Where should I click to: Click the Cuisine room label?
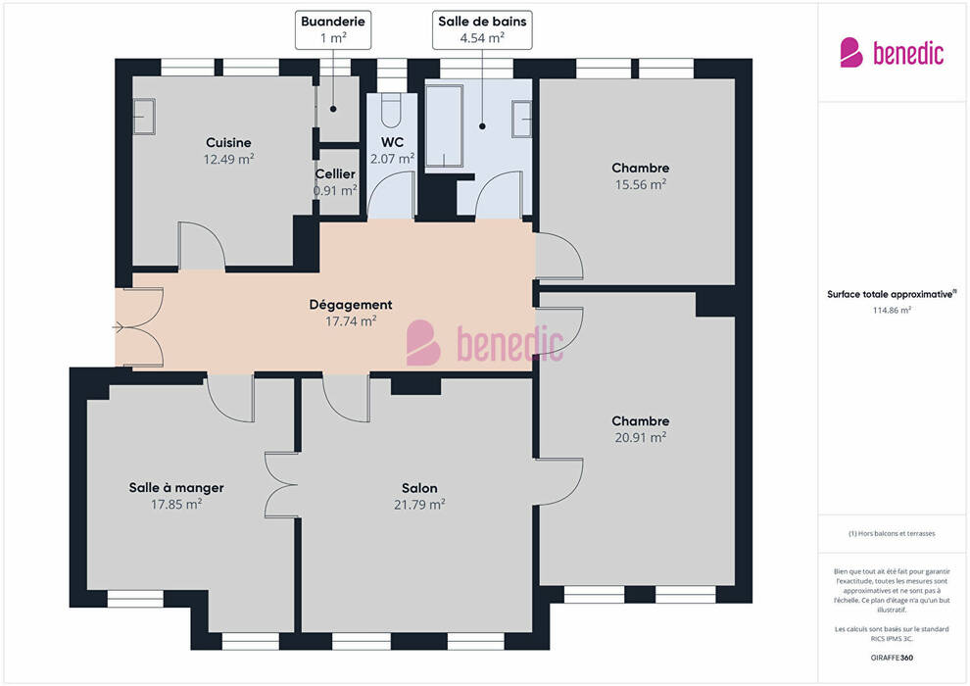[x=228, y=143]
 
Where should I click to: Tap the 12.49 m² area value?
[x=228, y=159]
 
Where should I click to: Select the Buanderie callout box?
[x=333, y=29]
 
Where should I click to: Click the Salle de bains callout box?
[x=482, y=29]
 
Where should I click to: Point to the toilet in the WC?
[x=391, y=110]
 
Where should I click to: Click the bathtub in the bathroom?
[x=444, y=125]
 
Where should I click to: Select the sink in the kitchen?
[x=144, y=117]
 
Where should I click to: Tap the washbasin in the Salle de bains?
[x=521, y=119]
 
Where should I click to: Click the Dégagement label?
[x=351, y=305]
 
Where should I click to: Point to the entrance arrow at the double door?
[x=119, y=327]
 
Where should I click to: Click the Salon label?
[x=419, y=488]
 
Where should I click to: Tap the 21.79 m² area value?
[x=419, y=505]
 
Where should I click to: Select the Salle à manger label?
[x=176, y=487]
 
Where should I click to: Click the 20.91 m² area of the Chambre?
[x=640, y=437]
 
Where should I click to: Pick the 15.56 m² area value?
[x=640, y=184]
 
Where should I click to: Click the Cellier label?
[x=335, y=173]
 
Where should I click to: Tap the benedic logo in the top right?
[x=892, y=53]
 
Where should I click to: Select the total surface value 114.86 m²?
[x=892, y=310]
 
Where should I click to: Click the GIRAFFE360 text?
[x=892, y=658]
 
